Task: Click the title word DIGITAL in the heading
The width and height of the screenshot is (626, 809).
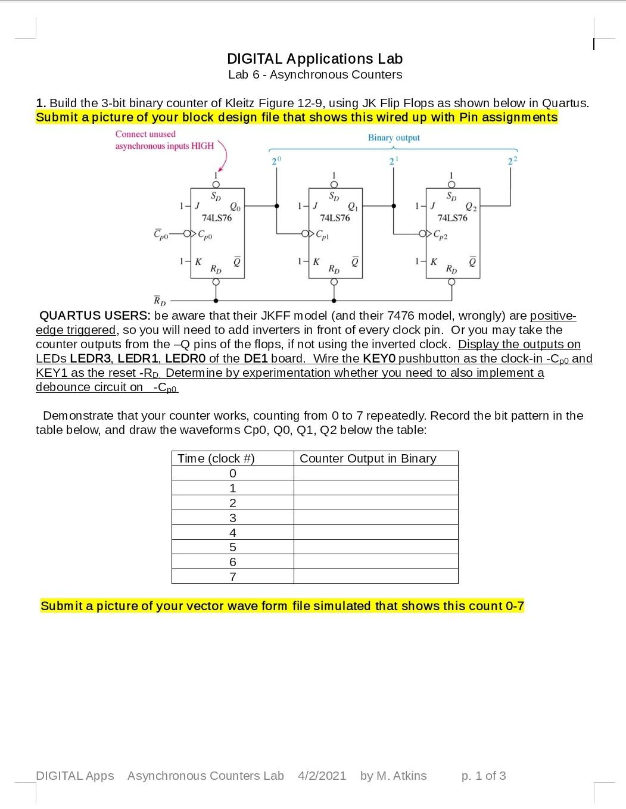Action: (254, 59)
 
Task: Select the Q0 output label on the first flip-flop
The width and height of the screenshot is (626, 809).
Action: (235, 207)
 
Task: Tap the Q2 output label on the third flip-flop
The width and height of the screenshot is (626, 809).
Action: (471, 207)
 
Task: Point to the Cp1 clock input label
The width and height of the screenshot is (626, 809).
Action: (322, 233)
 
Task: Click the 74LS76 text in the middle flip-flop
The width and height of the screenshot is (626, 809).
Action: (335, 218)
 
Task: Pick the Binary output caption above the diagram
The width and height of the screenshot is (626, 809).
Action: (394, 138)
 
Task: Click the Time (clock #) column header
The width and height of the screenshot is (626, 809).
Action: (216, 458)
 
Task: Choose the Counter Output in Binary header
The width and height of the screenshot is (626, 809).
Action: (368, 458)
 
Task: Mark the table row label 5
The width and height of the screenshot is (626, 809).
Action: (233, 547)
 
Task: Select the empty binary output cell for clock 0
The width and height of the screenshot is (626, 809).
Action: (376, 473)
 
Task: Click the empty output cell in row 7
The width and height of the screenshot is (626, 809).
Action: (376, 577)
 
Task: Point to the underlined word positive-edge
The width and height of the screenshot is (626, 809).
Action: (553, 316)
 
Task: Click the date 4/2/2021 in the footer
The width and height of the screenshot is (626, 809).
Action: (322, 776)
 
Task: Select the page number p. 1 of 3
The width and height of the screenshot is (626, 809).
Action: (484, 776)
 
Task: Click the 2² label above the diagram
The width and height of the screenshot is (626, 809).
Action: (512, 161)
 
